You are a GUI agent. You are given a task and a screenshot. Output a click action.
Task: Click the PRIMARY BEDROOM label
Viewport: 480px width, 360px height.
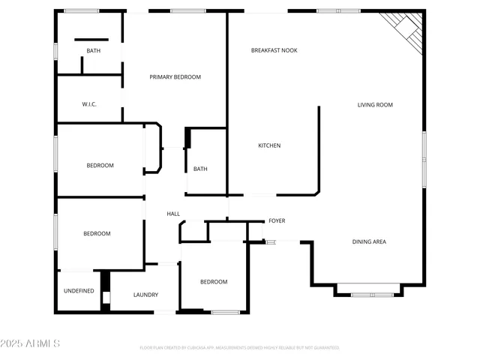(175, 77)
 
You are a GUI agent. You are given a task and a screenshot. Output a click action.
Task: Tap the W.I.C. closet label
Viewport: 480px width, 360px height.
(89, 104)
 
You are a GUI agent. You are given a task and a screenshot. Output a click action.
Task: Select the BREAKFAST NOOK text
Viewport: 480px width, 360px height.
(274, 50)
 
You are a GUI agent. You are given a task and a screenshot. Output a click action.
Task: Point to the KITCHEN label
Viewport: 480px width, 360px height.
(269, 145)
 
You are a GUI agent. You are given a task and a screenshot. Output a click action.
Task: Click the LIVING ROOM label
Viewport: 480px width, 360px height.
(375, 105)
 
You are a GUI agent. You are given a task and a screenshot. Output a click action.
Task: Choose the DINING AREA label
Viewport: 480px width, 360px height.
(370, 241)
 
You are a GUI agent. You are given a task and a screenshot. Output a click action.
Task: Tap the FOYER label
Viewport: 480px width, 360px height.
(277, 220)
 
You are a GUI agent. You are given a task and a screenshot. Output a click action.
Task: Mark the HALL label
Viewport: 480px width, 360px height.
(173, 214)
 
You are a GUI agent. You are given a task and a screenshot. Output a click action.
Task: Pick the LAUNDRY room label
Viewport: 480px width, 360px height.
(145, 295)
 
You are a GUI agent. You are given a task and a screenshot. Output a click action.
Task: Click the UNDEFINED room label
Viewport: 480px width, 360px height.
(79, 290)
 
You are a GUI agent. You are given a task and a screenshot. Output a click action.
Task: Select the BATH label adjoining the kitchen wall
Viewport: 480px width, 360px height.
(200, 169)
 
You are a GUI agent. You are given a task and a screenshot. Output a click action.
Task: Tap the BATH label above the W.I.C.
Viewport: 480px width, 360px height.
(93, 51)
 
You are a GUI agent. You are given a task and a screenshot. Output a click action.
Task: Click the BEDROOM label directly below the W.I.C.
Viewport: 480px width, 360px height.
(100, 165)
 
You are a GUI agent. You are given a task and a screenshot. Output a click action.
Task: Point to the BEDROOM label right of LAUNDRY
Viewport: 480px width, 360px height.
(213, 281)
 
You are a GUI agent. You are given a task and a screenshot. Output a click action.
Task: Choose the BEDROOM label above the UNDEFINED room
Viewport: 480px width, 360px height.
(97, 233)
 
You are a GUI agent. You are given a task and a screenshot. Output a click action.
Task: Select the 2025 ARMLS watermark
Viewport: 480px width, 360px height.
(31, 343)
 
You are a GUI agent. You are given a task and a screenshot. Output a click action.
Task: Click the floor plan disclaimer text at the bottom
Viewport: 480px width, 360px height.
(239, 348)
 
